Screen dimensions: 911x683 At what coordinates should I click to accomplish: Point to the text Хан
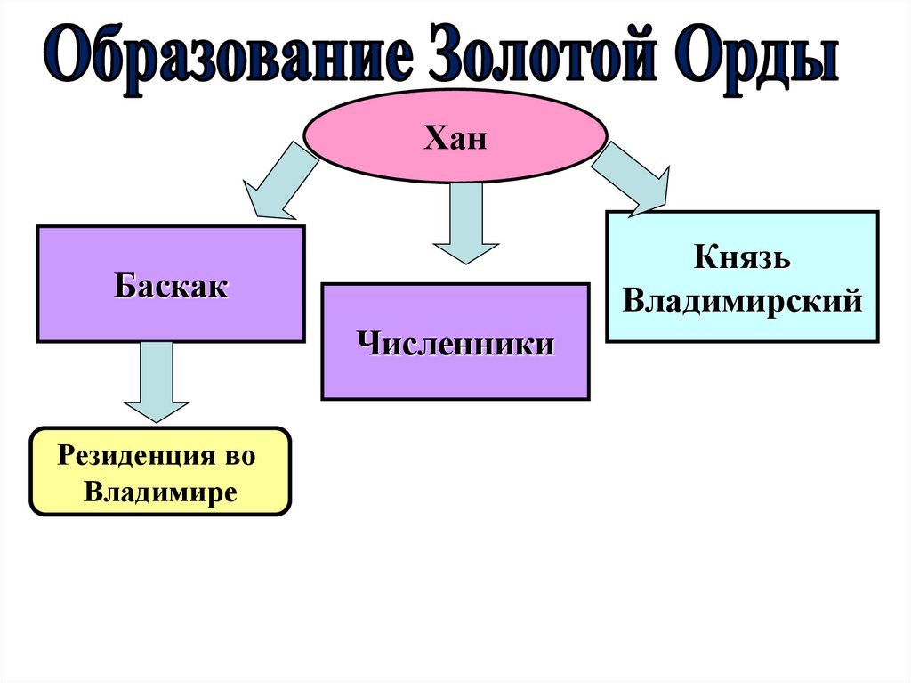[x=455, y=139]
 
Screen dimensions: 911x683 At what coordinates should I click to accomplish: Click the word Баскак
[x=171, y=287]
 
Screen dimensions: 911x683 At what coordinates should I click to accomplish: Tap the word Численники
[x=455, y=344]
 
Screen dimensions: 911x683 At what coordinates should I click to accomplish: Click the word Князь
[x=742, y=260]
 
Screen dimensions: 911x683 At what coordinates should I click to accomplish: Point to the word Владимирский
[x=742, y=300]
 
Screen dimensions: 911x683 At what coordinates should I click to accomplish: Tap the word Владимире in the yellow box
[x=161, y=492]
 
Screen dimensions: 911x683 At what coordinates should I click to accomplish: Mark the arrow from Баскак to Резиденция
[x=157, y=383]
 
